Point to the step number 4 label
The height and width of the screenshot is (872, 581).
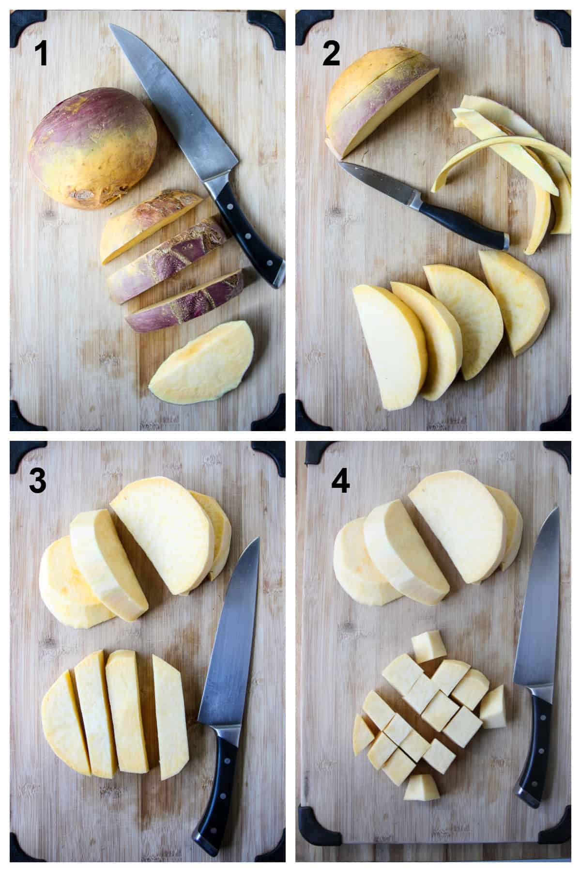point(340,481)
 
